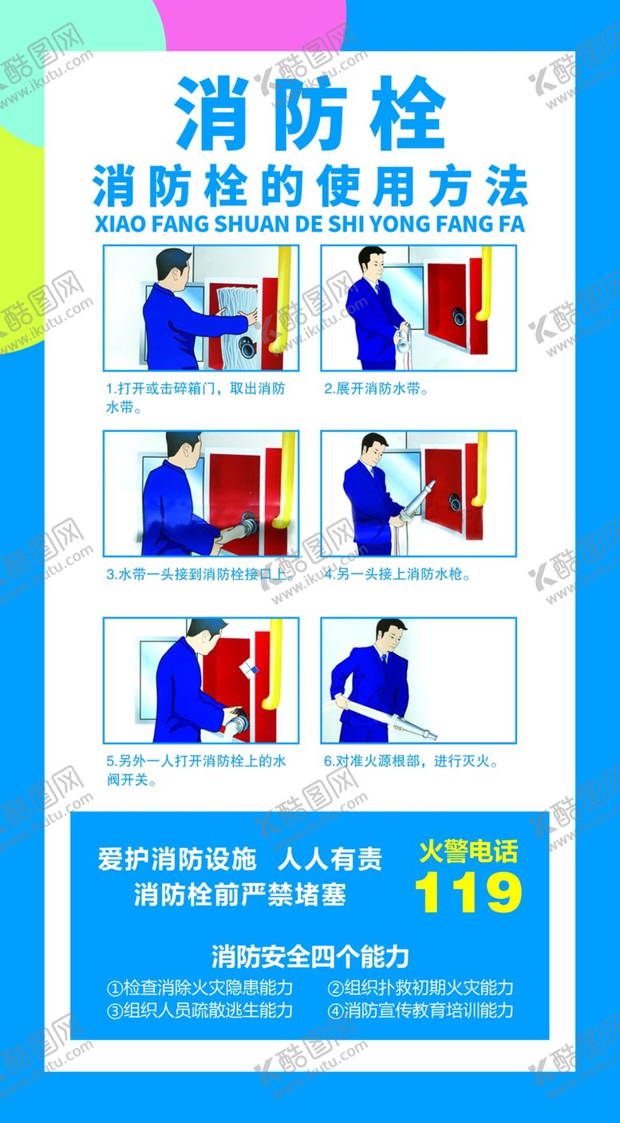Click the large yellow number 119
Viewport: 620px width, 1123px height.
coord(468,892)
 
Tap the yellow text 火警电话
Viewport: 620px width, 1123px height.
coord(468,851)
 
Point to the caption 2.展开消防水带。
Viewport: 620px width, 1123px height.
coord(376,388)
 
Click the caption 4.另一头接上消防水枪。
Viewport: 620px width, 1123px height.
coord(397,574)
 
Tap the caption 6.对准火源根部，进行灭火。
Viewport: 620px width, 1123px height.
coord(411,761)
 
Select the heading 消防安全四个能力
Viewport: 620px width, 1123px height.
coord(310,957)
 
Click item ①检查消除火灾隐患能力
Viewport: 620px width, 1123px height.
coord(199,988)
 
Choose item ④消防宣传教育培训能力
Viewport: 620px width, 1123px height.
coord(421,1010)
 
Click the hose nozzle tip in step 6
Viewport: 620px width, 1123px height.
coord(434,736)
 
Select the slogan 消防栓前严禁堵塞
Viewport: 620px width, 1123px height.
coord(240,895)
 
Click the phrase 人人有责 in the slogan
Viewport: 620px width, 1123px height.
coord(330,859)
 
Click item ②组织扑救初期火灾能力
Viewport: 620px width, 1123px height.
coord(421,988)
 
